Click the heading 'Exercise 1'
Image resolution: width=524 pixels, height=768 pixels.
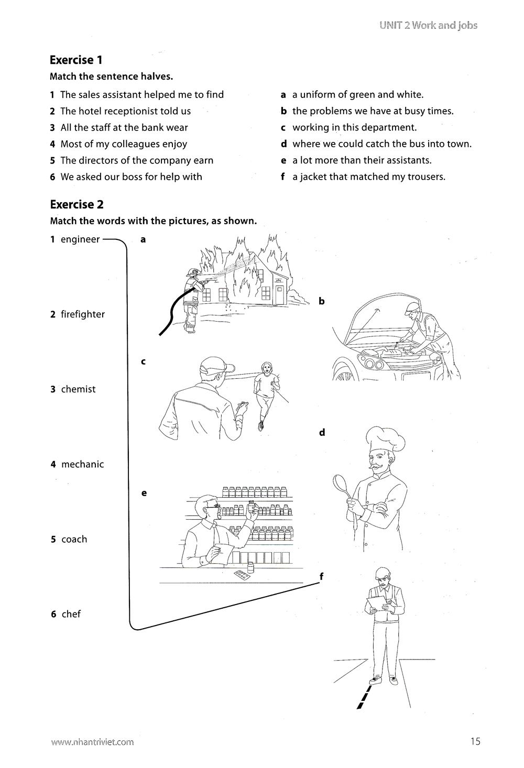[x=75, y=60]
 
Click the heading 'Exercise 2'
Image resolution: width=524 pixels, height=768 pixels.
[x=77, y=204]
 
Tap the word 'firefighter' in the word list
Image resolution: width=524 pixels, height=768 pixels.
[x=82, y=314]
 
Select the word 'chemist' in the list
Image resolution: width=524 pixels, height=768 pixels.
[x=78, y=389]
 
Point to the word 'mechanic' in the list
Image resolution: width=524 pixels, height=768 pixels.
[x=82, y=464]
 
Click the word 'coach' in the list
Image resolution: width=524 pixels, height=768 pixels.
[x=74, y=539]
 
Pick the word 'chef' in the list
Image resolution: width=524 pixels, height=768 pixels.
[x=71, y=614]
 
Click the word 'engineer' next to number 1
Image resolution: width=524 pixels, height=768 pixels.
[x=80, y=239]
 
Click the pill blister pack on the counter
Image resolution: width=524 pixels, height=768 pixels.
[x=242, y=575]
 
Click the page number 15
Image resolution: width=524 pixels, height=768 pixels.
[x=475, y=741]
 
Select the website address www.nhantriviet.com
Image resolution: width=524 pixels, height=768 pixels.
[x=92, y=742]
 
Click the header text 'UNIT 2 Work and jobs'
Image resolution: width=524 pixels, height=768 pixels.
[x=428, y=26]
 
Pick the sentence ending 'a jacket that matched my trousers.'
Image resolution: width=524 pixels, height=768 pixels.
[x=368, y=177]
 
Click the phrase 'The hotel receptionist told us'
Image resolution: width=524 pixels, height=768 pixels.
[x=125, y=111]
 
